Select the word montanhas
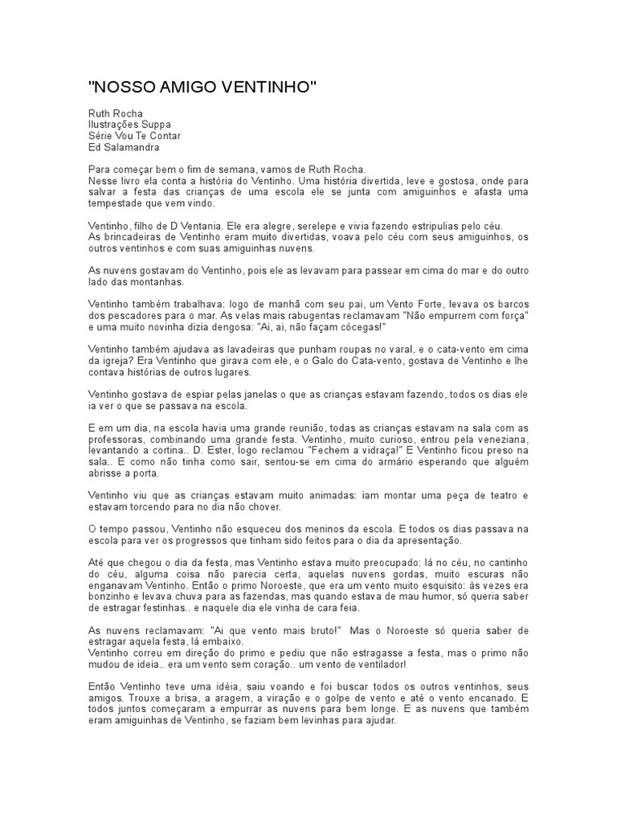tap(160, 282)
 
